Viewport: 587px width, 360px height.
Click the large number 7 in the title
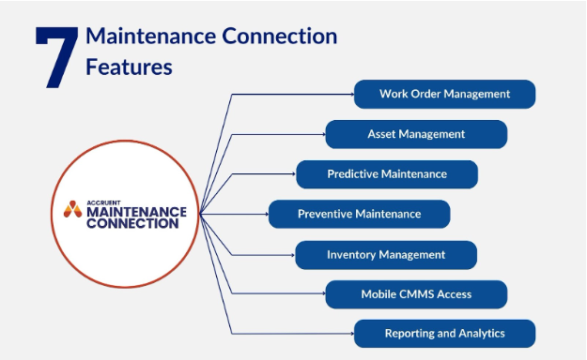click(55, 57)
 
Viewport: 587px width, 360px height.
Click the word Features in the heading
click(129, 67)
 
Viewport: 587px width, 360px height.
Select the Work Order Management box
click(444, 94)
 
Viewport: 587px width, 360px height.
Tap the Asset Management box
click(416, 134)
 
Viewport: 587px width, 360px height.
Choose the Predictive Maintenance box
click(387, 174)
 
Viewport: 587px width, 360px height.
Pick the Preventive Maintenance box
click(359, 214)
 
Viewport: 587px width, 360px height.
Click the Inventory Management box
click(386, 254)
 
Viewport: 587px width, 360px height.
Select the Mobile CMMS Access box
click(416, 294)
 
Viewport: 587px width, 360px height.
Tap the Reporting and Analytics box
click(444, 334)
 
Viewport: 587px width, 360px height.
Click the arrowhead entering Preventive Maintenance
click(265, 214)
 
